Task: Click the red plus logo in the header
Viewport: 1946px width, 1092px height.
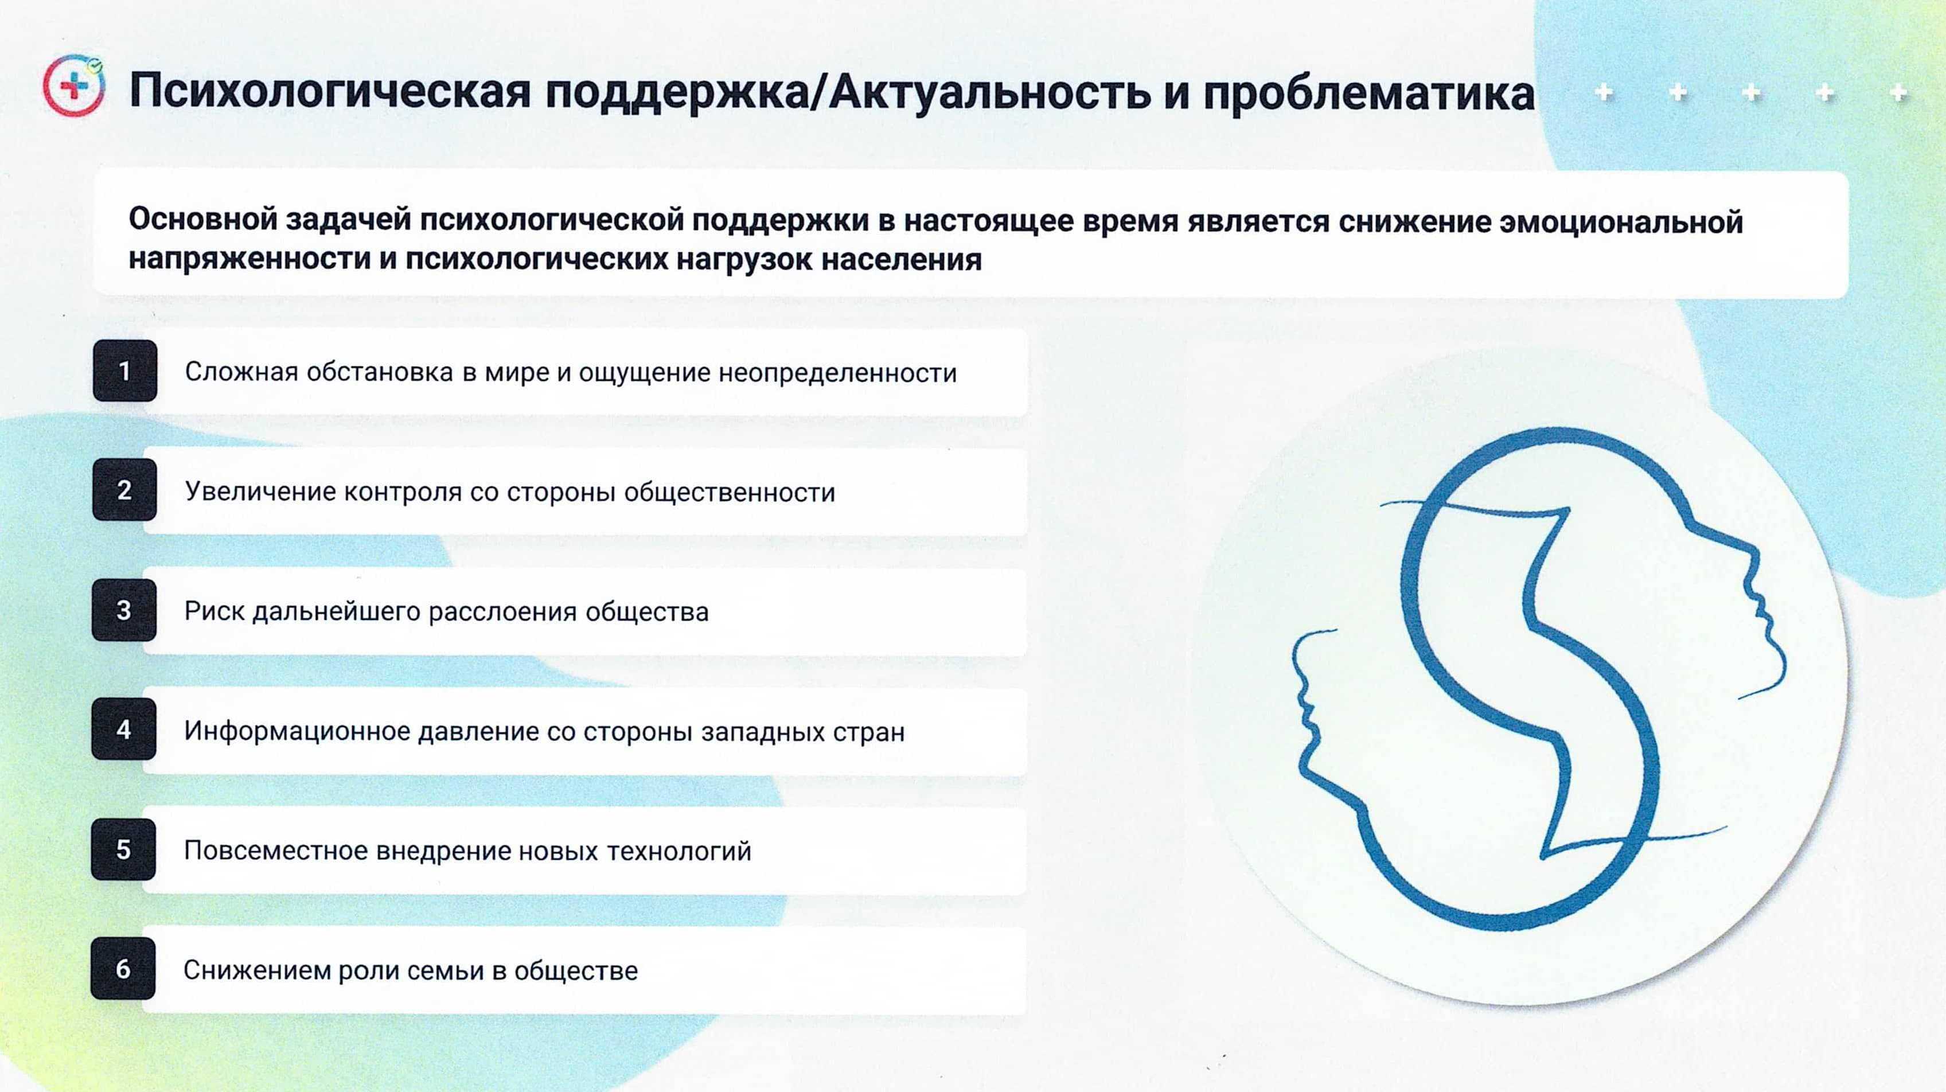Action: [74, 86]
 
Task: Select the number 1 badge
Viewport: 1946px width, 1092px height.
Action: [124, 371]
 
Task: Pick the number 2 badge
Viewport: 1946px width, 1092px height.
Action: [124, 490]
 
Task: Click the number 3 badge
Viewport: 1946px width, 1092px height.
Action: [124, 610]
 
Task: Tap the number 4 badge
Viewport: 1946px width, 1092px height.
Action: [124, 729]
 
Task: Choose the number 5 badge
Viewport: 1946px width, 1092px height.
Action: [123, 849]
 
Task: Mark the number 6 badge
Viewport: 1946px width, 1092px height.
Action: [123, 968]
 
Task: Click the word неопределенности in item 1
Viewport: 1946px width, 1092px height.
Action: [838, 373]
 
